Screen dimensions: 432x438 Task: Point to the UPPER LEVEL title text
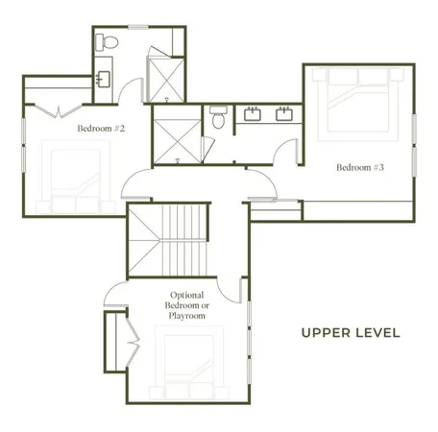pyautogui.click(x=350, y=333)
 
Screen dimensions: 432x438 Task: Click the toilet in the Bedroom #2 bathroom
pyautogui.click(x=110, y=42)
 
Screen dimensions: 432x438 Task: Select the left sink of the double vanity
pyautogui.click(x=255, y=115)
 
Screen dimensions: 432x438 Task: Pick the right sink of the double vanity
pyautogui.click(x=284, y=115)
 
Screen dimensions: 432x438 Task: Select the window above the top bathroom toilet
pyautogui.click(x=139, y=25)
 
